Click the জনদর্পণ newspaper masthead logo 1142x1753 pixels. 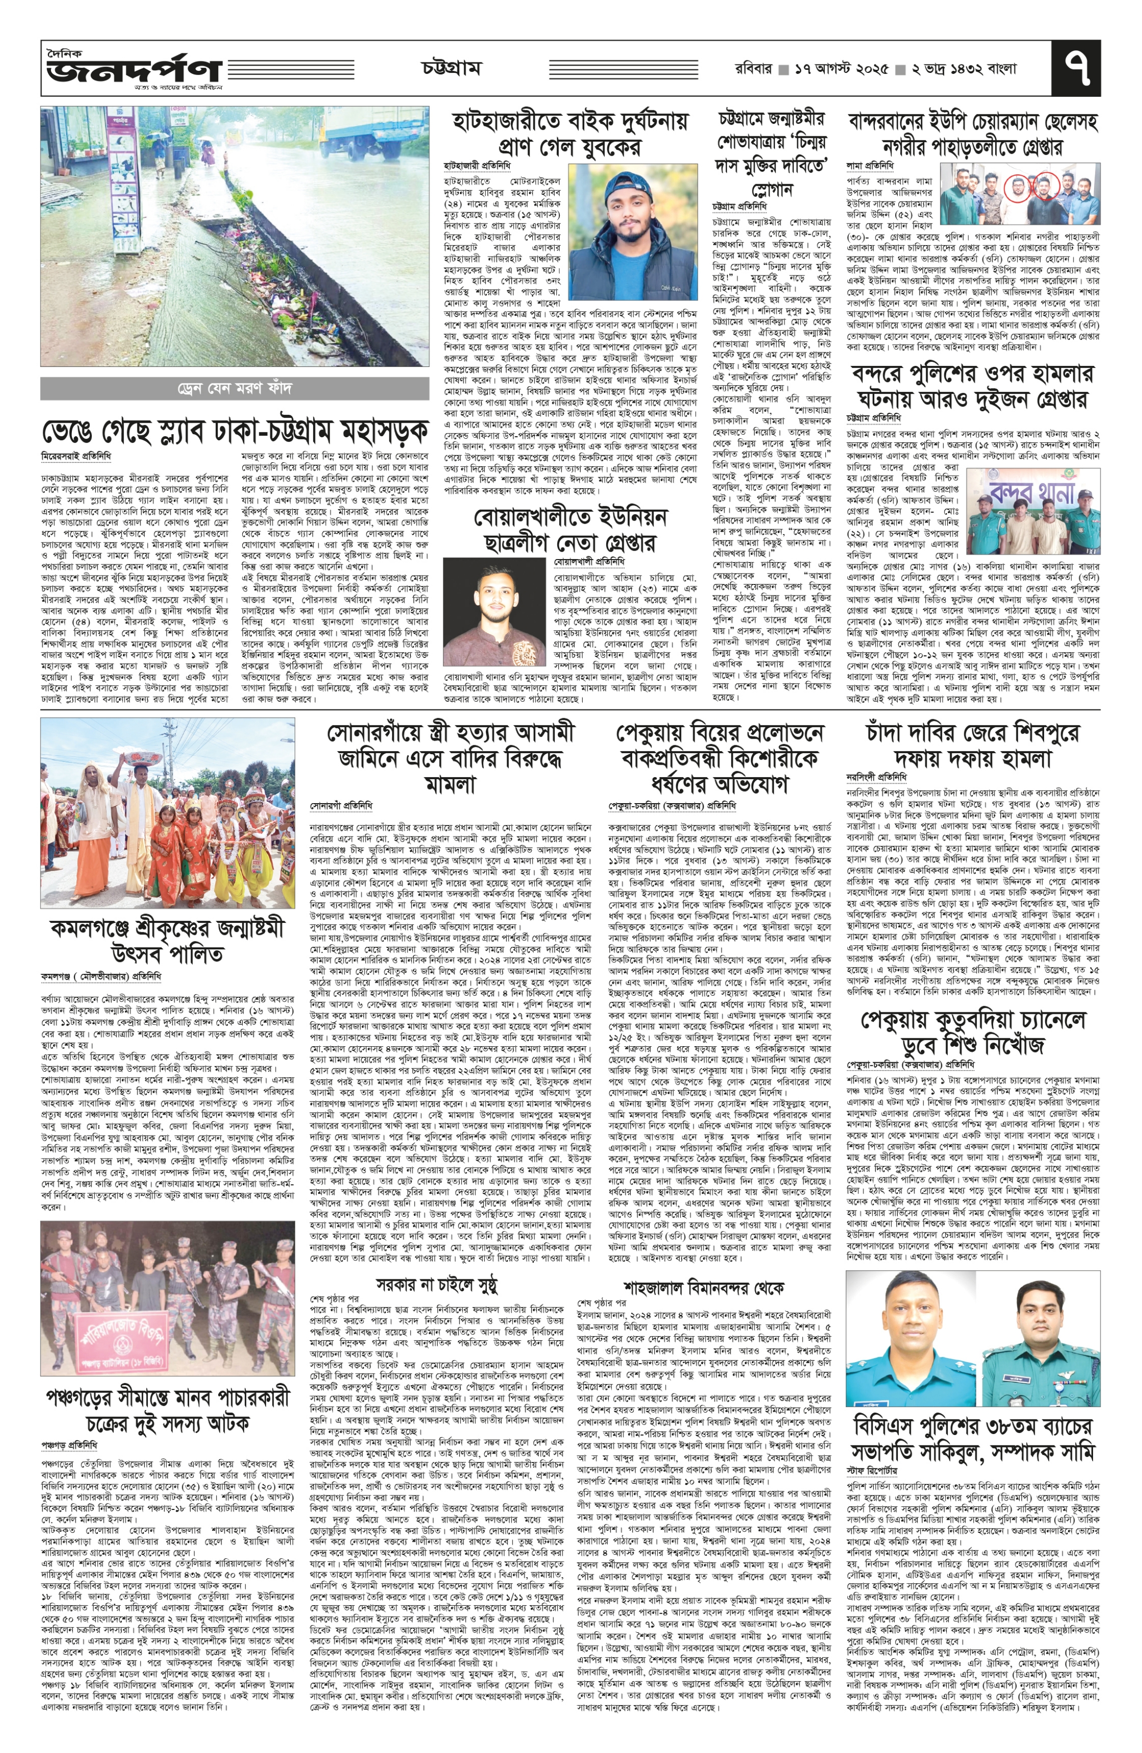133,70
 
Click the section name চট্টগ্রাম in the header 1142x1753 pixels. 451,68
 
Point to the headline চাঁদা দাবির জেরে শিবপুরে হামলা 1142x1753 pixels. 973,745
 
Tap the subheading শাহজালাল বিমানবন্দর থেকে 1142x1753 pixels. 703,1288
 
